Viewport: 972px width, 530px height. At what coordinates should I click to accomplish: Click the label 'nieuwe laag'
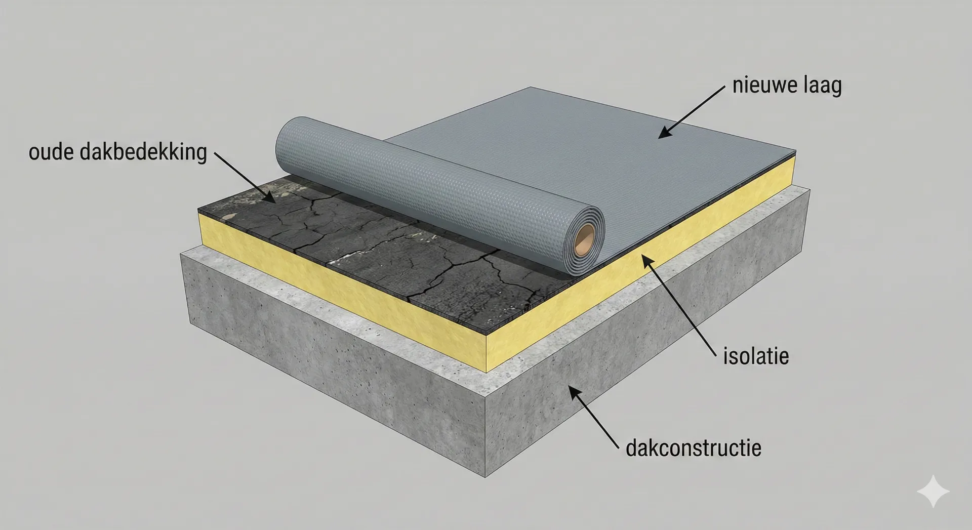pos(787,86)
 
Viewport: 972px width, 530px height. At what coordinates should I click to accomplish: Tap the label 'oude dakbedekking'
pos(118,152)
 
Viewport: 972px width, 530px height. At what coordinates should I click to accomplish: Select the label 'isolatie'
pos(756,356)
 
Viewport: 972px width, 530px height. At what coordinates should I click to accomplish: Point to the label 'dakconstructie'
pos(694,448)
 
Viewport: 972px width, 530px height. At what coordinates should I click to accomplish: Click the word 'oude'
pos(52,152)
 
